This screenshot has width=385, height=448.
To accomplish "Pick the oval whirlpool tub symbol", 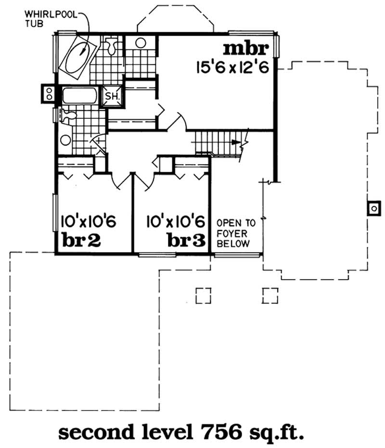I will tap(77, 57).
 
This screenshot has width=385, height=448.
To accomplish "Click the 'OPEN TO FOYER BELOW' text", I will tap(233, 234).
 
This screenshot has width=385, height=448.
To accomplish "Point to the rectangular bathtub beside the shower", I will tap(79, 95).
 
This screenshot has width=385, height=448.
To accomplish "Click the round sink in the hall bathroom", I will tap(66, 140).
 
